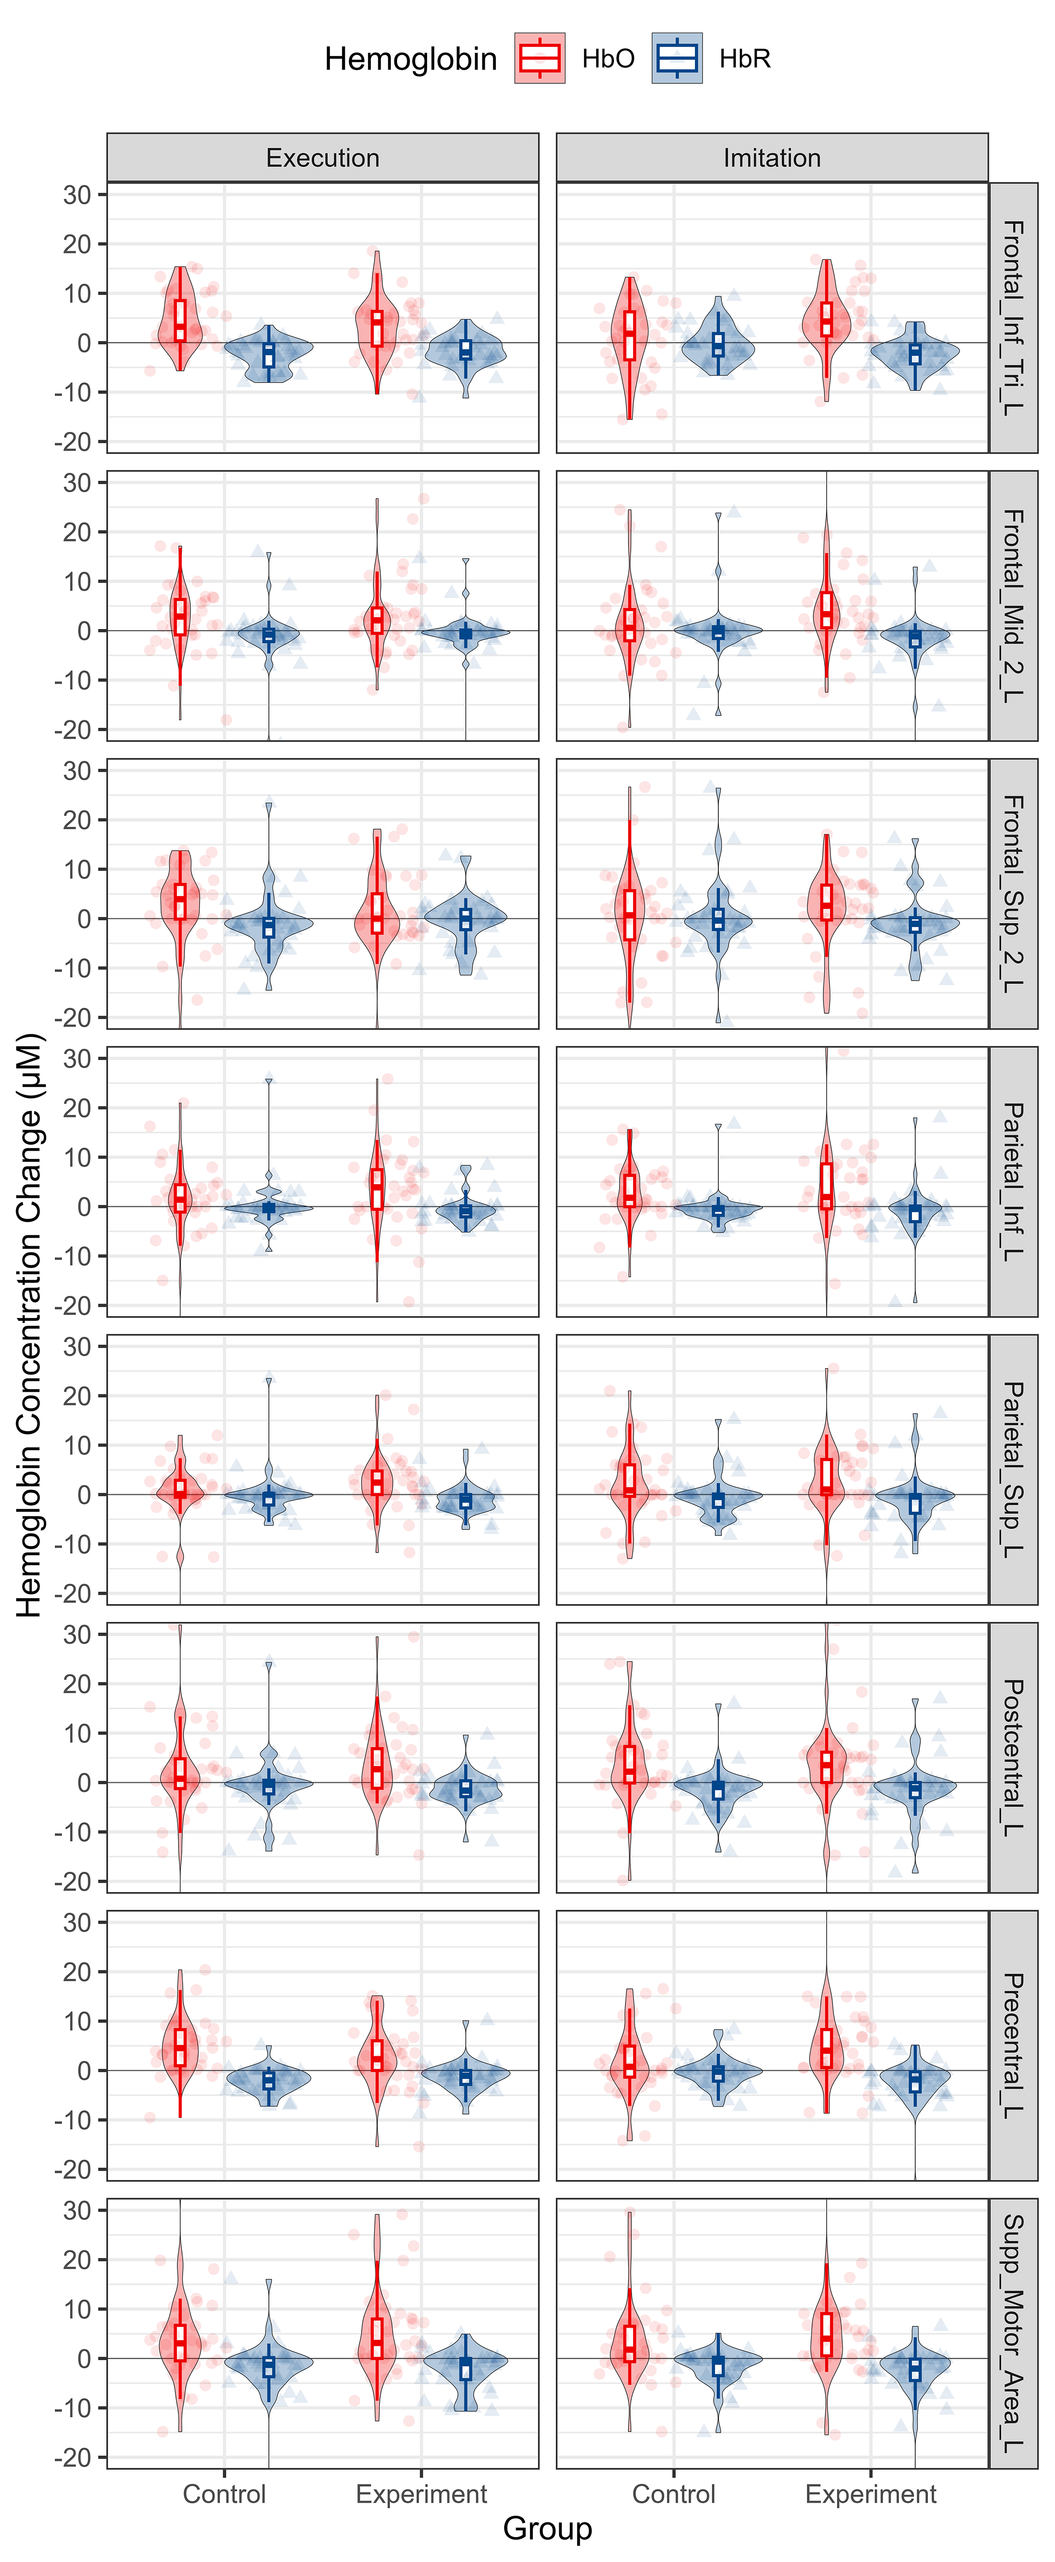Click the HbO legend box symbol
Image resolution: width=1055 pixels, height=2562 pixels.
[540, 59]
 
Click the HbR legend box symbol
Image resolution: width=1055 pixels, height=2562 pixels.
[677, 59]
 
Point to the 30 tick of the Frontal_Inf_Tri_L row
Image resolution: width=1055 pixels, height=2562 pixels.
[78, 195]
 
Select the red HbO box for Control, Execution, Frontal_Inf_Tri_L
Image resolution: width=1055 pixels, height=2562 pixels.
[180, 320]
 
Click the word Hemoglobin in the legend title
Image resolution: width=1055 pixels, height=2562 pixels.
[411, 60]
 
